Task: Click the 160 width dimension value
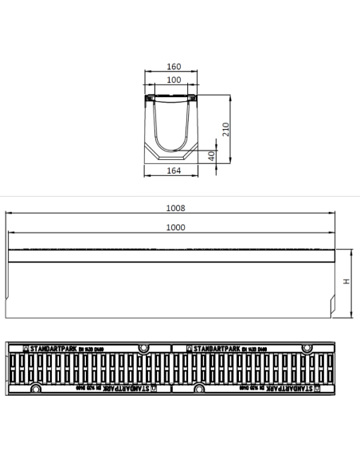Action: (173, 68)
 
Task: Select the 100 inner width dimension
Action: (173, 80)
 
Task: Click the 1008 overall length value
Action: (175, 208)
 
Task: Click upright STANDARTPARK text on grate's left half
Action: (57, 348)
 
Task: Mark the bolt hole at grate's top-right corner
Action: (306, 348)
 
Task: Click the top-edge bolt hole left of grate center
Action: (143, 348)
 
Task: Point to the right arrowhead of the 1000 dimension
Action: (331, 232)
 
